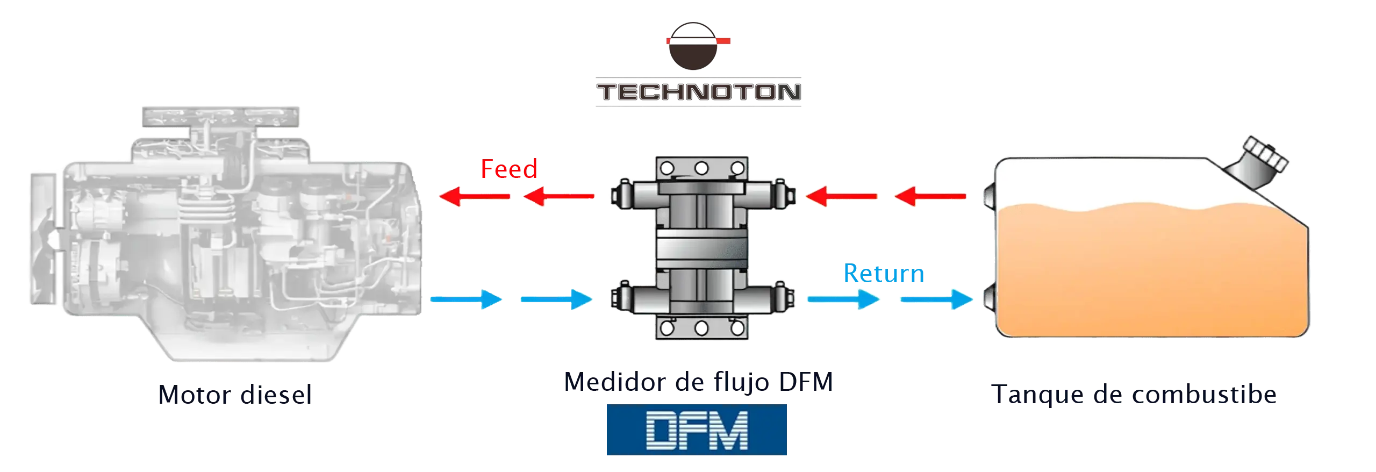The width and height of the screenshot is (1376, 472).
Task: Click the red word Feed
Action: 508,170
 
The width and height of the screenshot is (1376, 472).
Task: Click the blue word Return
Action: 883,274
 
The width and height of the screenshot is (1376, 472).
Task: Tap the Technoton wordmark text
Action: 698,92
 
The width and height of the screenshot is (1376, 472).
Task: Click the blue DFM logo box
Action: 697,430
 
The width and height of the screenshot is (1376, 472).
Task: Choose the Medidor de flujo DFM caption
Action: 698,382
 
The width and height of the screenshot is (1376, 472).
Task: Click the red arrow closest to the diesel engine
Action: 473,197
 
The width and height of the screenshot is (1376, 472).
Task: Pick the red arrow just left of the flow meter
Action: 559,197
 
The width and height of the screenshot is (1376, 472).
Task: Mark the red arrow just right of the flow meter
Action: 842,197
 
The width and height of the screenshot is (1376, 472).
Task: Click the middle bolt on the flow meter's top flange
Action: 701,168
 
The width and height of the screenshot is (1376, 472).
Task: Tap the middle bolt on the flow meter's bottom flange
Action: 701,327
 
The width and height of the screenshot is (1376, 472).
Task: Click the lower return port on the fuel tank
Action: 988,299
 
